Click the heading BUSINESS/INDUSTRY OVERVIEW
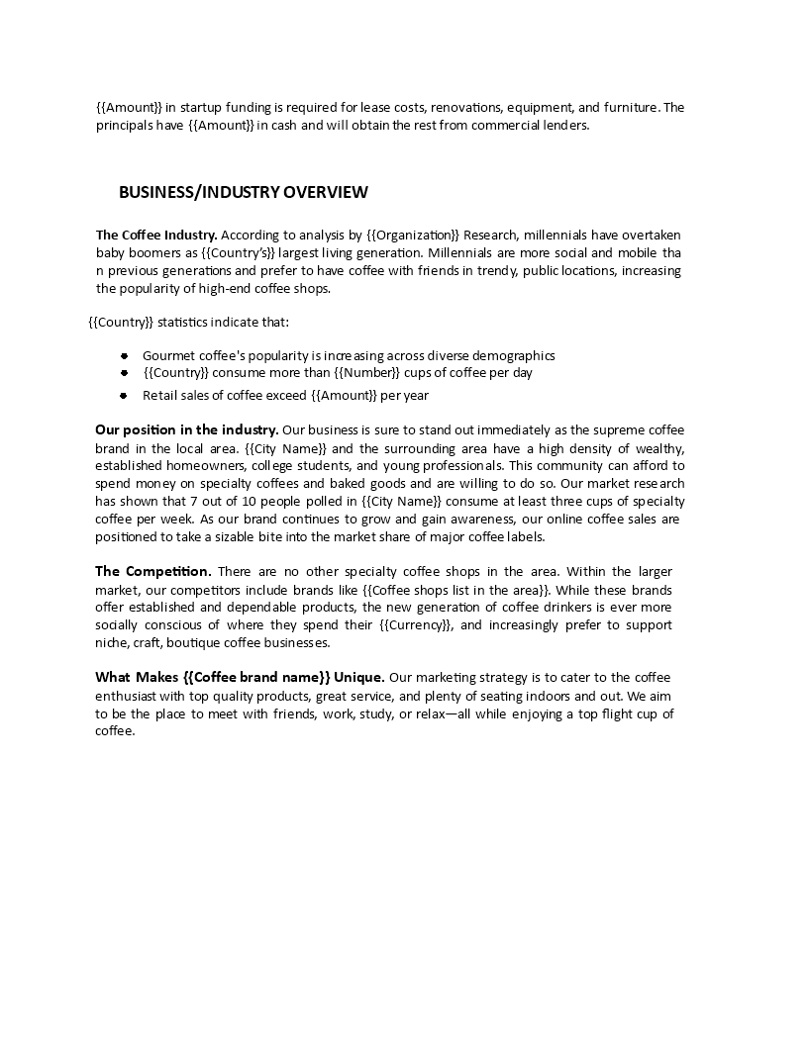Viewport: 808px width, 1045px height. tap(244, 192)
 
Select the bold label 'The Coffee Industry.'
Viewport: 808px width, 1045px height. tap(156, 235)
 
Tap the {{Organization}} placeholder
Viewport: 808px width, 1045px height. tap(414, 235)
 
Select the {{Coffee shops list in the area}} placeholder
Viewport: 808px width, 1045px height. tap(455, 589)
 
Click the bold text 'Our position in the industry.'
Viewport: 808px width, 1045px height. tap(186, 429)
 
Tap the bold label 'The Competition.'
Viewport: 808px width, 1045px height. tap(152, 571)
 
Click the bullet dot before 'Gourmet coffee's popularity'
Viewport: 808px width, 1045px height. tap(124, 355)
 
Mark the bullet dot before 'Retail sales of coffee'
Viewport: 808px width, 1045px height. tap(124, 396)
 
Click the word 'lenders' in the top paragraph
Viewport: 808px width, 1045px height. tap(562, 125)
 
